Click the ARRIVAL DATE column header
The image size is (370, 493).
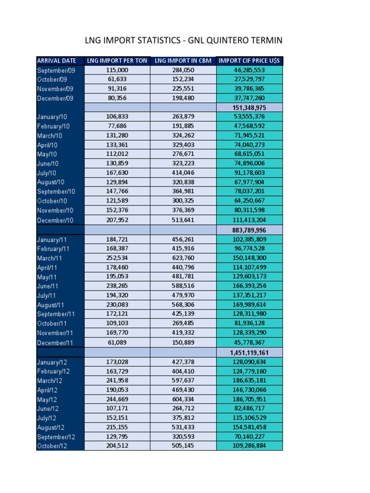pos(56,61)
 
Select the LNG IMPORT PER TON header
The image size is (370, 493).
pos(117,61)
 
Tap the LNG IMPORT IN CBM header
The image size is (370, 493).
pos(183,61)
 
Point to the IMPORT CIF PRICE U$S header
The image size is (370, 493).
pos(249,61)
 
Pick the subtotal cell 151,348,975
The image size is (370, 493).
pos(249,107)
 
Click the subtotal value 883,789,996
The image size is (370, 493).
pos(249,230)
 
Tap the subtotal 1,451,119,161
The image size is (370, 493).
pos(249,353)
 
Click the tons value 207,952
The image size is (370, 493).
pos(117,221)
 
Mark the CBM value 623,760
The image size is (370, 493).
pos(183,258)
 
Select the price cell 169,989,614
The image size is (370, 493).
pos(249,305)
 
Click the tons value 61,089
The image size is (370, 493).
pos(117,343)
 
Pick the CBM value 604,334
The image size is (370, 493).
pos(183,399)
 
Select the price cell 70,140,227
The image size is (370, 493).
pos(249,437)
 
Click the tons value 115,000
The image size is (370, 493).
pos(117,70)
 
